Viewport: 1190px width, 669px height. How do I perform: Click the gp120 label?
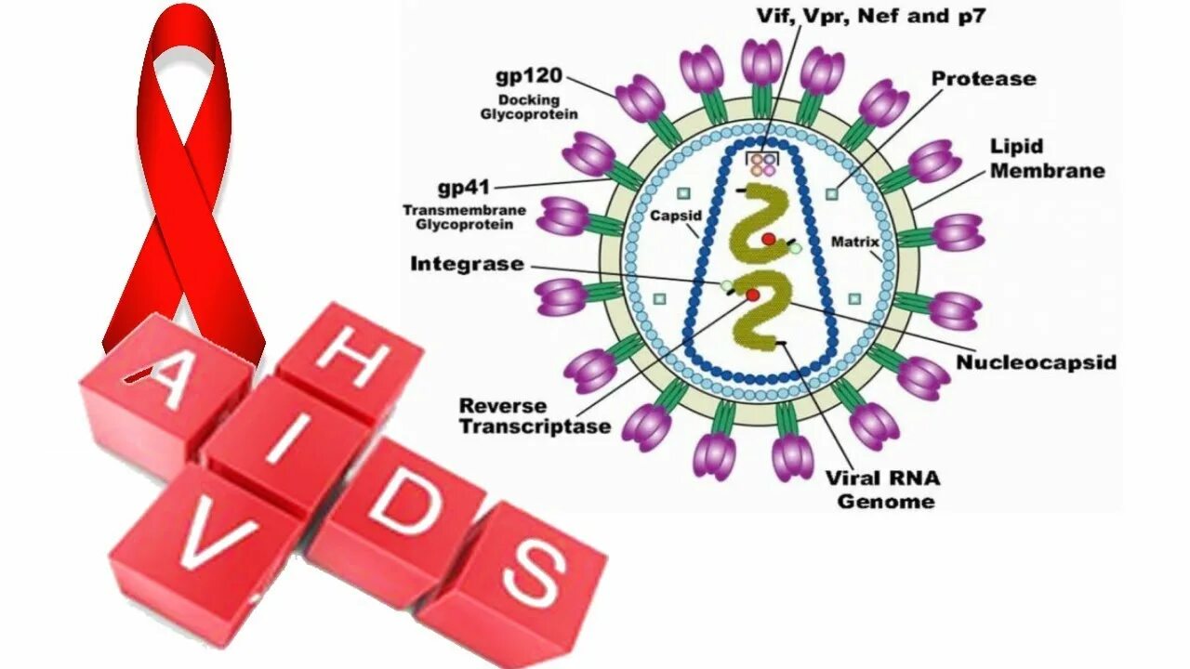(x=530, y=76)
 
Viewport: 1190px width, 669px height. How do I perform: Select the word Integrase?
(x=467, y=265)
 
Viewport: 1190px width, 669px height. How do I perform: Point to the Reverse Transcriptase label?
(x=535, y=417)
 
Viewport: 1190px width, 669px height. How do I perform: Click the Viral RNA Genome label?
(x=883, y=490)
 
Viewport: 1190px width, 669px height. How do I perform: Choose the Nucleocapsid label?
(x=1036, y=362)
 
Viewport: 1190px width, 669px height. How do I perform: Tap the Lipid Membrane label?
(x=1047, y=158)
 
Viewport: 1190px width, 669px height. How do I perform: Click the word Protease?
(x=984, y=79)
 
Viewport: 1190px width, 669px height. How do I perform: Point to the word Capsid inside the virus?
(x=676, y=216)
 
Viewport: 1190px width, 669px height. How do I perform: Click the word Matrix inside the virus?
(x=854, y=243)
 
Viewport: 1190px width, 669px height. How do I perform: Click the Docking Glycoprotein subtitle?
(x=529, y=107)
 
